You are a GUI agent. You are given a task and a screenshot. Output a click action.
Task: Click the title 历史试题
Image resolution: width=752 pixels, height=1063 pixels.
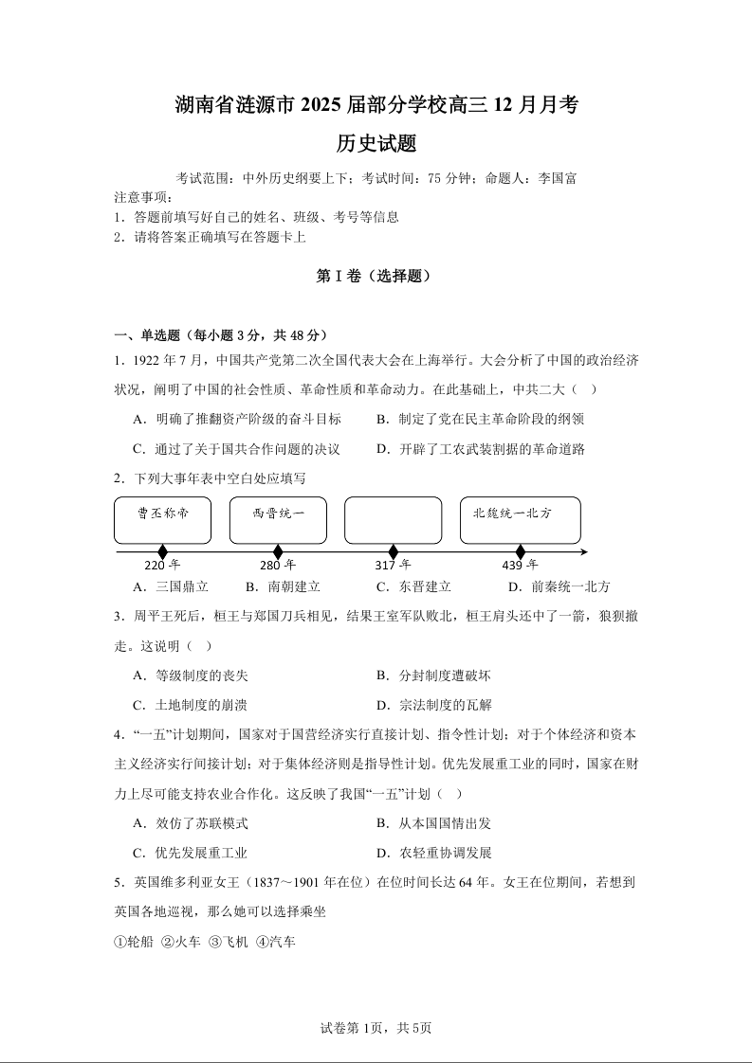(x=376, y=144)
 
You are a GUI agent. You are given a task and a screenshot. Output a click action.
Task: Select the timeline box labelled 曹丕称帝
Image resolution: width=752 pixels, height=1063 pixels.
(x=162, y=519)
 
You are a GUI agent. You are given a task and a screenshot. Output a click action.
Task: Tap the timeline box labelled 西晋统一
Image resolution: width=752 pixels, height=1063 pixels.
(x=278, y=519)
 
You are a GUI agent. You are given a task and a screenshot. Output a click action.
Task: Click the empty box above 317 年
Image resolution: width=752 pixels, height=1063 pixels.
(x=393, y=519)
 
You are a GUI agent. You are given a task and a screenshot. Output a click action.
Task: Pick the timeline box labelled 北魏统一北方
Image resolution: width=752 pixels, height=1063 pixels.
(x=520, y=519)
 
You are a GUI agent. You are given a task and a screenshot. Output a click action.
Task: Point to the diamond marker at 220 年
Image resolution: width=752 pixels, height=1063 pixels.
(x=162, y=552)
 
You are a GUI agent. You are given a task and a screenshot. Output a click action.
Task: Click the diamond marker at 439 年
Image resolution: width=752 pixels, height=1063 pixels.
(x=520, y=552)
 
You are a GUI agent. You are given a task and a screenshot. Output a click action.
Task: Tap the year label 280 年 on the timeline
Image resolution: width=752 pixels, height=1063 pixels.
(x=278, y=566)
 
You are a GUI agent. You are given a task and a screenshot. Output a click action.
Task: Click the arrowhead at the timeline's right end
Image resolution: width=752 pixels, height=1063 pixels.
(x=583, y=552)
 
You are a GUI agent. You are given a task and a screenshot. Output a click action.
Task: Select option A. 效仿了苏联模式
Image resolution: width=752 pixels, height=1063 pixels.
(x=190, y=823)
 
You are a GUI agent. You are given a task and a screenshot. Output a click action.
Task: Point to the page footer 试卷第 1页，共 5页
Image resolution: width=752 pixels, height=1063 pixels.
(x=376, y=1028)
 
